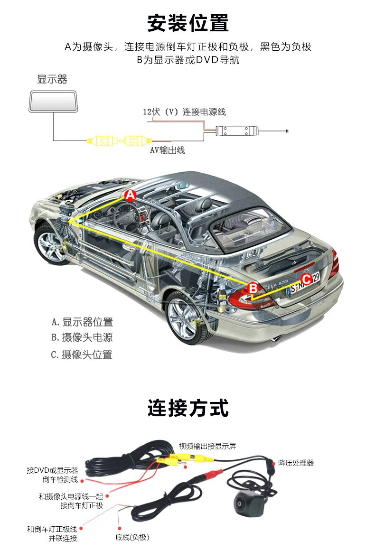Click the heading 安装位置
pos(187,23)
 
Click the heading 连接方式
pos(187,408)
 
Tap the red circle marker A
pos(131,195)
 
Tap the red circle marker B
pos(253,288)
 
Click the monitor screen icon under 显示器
pos(52,100)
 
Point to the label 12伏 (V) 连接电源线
pos(184,112)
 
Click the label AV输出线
pos(167,150)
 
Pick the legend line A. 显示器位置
pos(82,322)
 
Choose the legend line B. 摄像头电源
pos(82,338)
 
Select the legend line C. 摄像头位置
pos(82,354)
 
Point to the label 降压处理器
pos(296,463)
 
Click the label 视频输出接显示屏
pos(207,446)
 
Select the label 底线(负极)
pos(132,537)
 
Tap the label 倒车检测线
pos(60,479)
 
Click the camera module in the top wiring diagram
pos(235,130)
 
